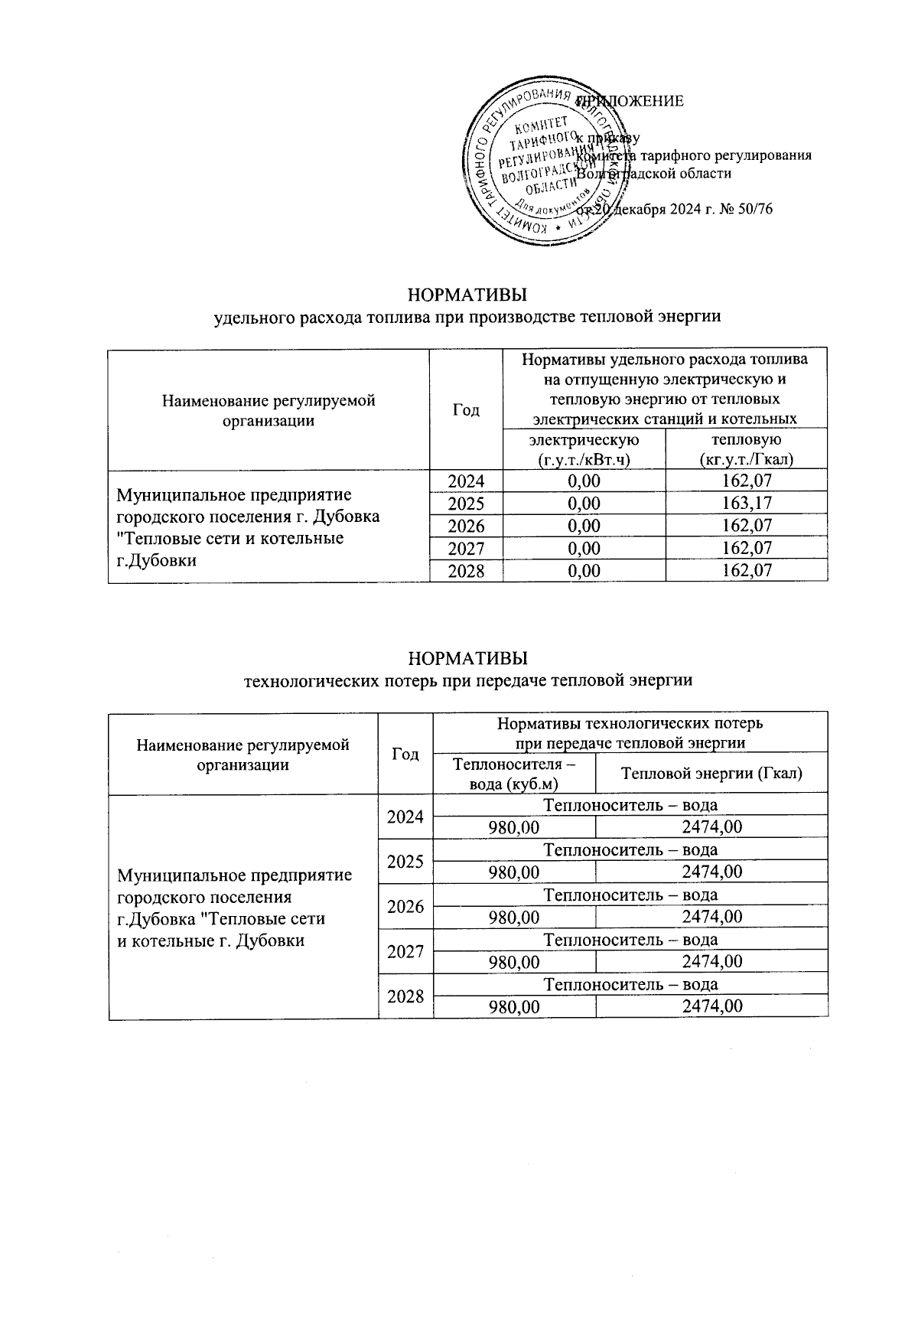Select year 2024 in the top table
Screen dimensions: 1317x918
(466, 481)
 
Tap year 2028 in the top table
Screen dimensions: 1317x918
(466, 571)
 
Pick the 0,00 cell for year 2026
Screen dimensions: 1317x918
(584, 526)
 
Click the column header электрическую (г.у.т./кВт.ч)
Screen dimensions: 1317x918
(584, 449)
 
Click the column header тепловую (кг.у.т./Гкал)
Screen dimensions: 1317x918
(746, 449)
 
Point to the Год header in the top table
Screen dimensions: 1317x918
(466, 410)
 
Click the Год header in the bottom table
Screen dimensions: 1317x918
(405, 755)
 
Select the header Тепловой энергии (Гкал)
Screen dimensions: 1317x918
(711, 774)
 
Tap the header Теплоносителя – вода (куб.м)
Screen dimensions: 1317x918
(514, 774)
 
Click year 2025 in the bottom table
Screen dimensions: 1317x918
(405, 862)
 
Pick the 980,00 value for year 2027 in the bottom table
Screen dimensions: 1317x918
(514, 961)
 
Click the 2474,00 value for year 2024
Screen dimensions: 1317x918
(711, 827)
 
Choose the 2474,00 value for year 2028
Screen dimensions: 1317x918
(711, 1006)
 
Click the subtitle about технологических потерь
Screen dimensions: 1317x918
(467, 680)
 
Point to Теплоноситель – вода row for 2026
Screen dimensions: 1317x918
(630, 895)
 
